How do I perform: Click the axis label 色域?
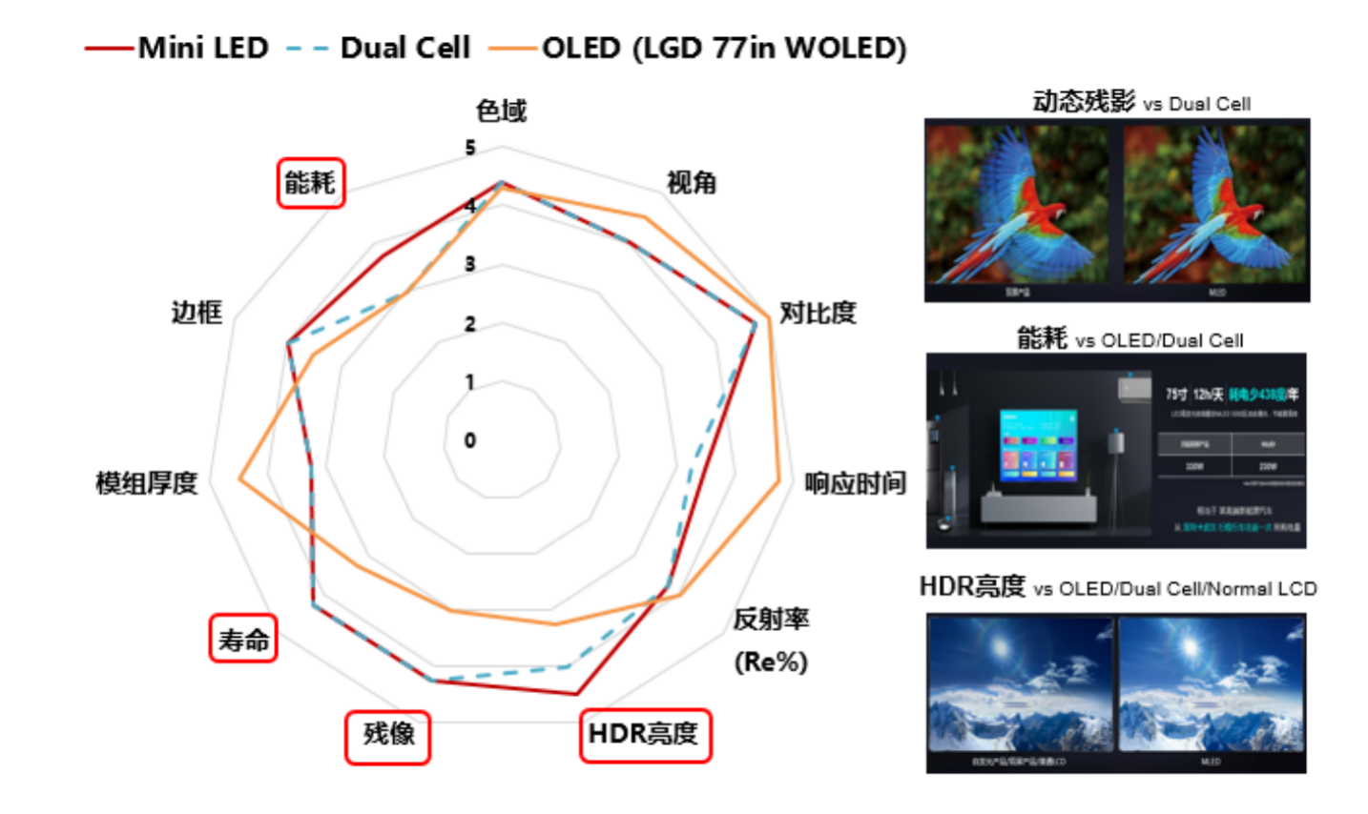point(501,112)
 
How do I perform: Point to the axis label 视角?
point(691,182)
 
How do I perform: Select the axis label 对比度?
point(818,313)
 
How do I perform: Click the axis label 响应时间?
point(855,483)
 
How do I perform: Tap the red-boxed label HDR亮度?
point(645,734)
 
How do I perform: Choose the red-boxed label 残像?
point(388,736)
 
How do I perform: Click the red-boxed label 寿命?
point(243,639)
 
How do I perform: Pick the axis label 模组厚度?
point(146,483)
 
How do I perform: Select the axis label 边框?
point(196,313)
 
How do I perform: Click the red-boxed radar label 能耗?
point(310,182)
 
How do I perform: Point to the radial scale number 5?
point(470,148)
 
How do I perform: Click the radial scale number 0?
point(470,440)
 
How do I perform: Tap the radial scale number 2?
point(470,324)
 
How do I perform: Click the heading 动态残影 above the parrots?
point(1084,101)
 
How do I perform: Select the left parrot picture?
point(1018,205)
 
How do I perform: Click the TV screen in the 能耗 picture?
point(1038,446)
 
